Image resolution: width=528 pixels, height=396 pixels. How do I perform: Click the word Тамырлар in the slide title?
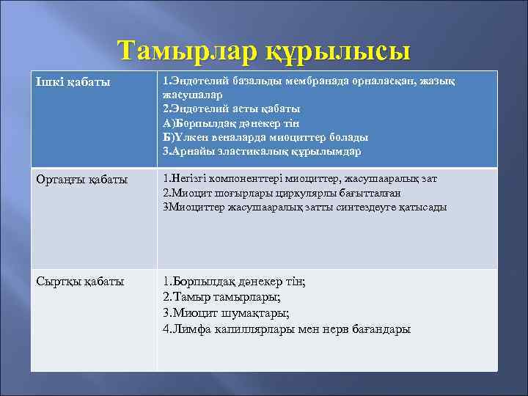tap(186, 52)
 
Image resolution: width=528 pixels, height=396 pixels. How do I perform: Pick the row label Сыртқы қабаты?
tap(79, 281)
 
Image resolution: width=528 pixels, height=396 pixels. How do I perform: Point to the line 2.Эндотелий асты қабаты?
tap(231, 109)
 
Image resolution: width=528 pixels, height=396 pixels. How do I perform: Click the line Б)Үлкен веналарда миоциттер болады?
tap(265, 137)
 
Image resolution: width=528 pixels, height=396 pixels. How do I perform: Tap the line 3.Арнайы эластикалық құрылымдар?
tap(262, 151)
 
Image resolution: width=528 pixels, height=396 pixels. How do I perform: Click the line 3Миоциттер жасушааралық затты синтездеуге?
tap(304, 207)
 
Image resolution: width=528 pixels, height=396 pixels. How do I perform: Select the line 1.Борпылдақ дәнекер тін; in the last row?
tap(233, 281)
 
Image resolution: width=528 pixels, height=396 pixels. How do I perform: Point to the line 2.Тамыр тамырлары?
tap(221, 297)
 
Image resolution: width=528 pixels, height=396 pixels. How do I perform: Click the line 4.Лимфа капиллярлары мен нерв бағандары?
tap(286, 329)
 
